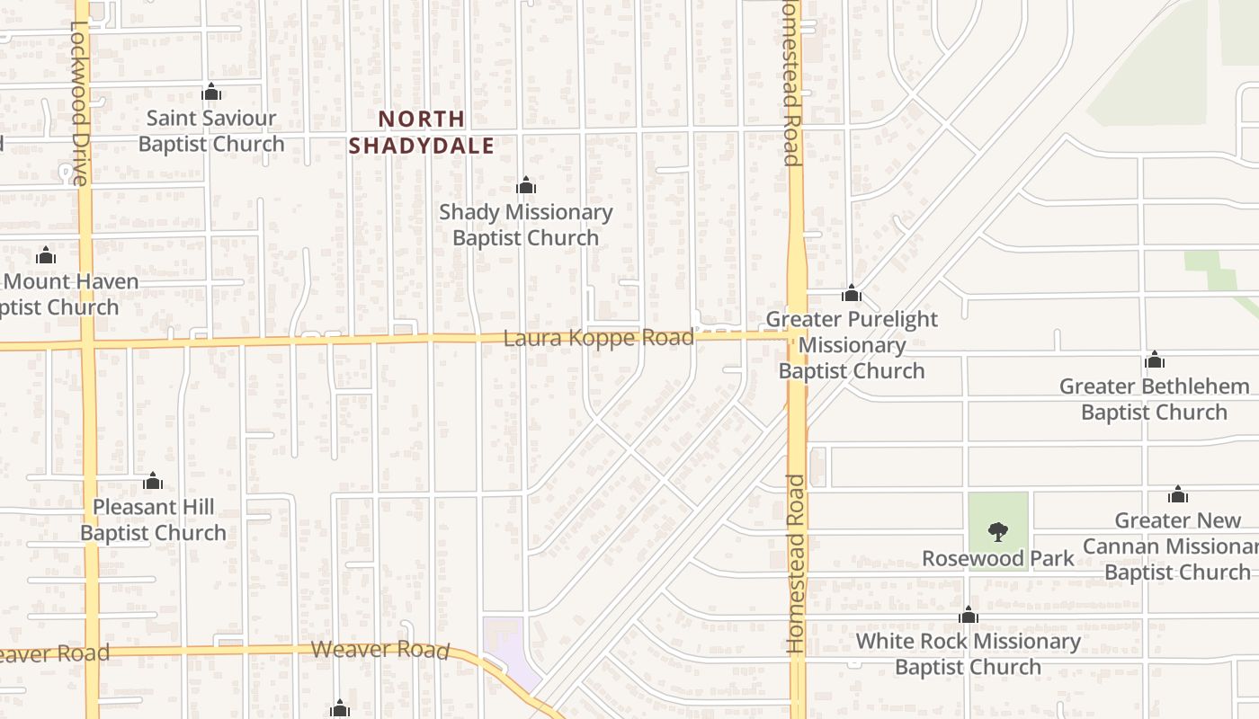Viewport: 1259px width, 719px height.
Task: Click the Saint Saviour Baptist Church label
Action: point(210,131)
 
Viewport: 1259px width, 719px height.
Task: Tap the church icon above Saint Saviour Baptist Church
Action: point(211,92)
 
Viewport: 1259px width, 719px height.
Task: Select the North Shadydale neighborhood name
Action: point(421,132)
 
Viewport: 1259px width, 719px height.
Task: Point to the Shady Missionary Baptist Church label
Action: point(525,225)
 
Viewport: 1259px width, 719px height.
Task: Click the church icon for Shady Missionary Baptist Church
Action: point(526,186)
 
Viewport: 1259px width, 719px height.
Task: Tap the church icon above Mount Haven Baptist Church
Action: point(46,256)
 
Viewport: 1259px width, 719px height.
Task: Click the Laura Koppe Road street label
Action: point(598,338)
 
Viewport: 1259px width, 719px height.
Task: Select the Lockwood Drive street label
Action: point(79,103)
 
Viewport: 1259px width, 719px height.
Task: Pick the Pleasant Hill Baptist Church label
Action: point(153,519)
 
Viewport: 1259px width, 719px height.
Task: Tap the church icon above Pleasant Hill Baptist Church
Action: point(153,481)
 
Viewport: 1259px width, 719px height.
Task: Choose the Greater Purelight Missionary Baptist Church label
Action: point(851,345)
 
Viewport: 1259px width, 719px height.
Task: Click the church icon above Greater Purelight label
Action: point(851,293)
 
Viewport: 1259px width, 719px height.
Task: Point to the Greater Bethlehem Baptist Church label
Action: point(1154,399)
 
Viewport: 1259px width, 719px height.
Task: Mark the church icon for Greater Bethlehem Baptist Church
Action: point(1155,360)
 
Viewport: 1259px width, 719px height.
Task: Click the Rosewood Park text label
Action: point(997,559)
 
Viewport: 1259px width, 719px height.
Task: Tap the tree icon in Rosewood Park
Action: point(997,532)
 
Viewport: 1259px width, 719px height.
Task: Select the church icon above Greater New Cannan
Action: point(1178,494)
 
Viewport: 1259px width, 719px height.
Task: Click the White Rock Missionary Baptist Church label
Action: point(968,653)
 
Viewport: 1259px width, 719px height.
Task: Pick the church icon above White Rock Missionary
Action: point(969,615)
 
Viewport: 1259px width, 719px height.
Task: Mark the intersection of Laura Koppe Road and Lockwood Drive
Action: point(86,343)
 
